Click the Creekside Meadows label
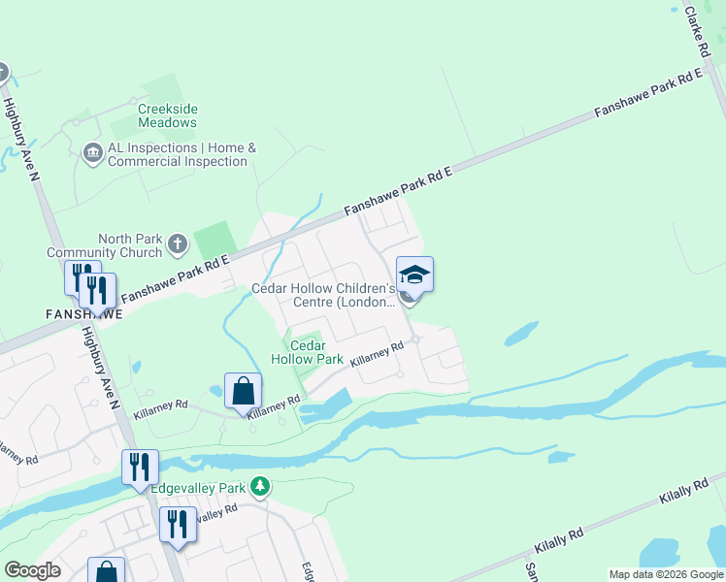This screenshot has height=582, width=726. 167,115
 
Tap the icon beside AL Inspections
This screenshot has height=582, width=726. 93,153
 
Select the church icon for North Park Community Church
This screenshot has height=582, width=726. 177,244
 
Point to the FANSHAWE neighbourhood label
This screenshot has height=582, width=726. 83,314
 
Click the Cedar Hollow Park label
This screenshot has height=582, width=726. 308,351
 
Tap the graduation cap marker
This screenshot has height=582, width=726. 414,275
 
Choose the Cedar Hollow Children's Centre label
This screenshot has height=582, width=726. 323,295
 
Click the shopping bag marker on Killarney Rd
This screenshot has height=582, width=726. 243,392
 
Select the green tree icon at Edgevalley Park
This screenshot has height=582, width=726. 259,485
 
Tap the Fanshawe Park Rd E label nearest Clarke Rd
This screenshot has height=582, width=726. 646,94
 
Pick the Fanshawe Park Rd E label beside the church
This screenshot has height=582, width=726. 174,275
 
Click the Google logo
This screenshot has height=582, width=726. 32,570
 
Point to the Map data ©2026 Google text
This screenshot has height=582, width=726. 666,574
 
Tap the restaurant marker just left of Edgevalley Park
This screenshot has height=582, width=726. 140,468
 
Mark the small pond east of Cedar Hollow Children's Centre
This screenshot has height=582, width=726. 521,333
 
